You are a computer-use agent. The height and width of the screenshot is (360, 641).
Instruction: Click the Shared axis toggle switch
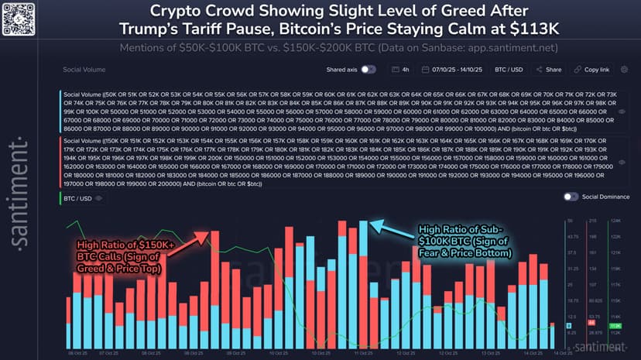(x=368, y=69)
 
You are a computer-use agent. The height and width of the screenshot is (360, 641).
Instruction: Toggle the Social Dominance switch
(x=571, y=197)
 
